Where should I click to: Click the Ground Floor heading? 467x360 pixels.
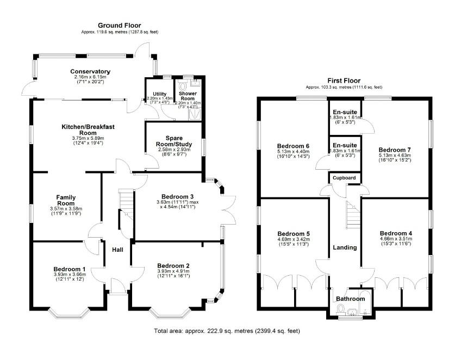(120, 26)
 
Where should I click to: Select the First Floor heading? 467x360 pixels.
(344, 79)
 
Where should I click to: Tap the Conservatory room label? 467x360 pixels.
(90, 72)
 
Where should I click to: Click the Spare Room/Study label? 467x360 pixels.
(172, 140)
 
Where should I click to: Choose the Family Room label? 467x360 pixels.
(66, 200)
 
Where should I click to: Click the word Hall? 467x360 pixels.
(117, 250)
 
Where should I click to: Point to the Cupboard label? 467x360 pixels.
(344, 178)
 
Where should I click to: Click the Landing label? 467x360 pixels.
(345, 247)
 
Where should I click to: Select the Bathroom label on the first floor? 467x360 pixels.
(350, 299)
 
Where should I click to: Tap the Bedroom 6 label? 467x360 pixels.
(293, 146)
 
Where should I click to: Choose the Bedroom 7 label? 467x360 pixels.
(395, 150)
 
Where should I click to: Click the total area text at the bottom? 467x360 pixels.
(227, 331)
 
